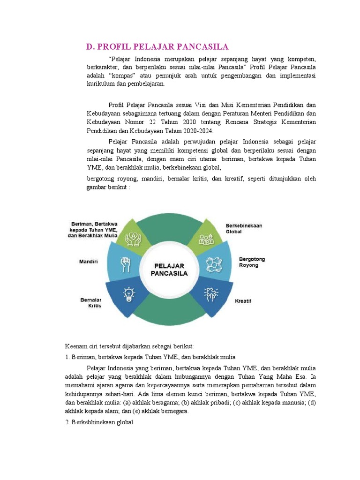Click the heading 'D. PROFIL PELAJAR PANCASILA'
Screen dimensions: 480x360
(157, 46)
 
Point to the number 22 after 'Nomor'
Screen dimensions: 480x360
(157, 122)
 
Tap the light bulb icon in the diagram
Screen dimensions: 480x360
(128, 295)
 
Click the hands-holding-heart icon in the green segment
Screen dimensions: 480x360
(133, 239)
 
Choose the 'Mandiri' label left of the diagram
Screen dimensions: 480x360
(84, 262)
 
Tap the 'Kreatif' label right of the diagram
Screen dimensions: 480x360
(243, 301)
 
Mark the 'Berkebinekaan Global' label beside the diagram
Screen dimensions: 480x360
(244, 228)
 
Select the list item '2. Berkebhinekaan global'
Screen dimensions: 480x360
(99, 423)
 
